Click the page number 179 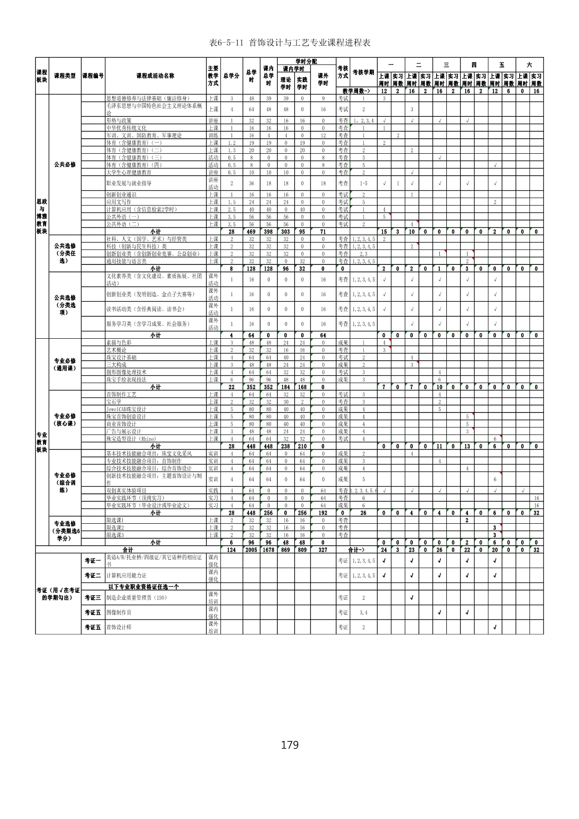289,745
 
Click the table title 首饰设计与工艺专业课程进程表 290,43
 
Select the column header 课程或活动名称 155,76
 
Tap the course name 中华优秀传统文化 126,128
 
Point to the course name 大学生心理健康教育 129,172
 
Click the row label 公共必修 65,165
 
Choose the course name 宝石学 114,402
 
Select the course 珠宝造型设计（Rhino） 131,439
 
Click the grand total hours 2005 251,550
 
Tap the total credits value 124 232,550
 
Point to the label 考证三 92,598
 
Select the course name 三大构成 116,365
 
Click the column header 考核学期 363,72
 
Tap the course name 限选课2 115,527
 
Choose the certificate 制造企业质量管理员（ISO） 136,598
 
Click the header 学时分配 306,61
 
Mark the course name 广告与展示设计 124,432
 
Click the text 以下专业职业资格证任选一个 143,587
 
